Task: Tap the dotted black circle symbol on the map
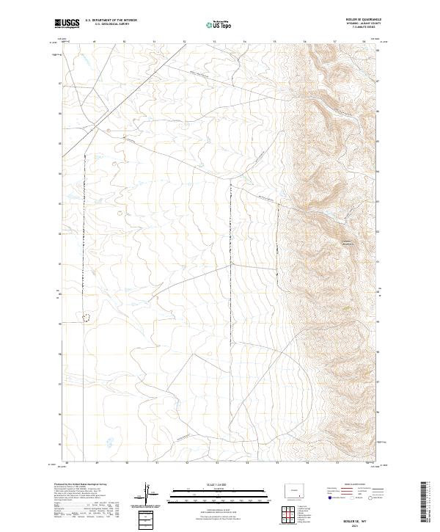[87, 318]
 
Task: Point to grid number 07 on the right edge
[378, 81]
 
